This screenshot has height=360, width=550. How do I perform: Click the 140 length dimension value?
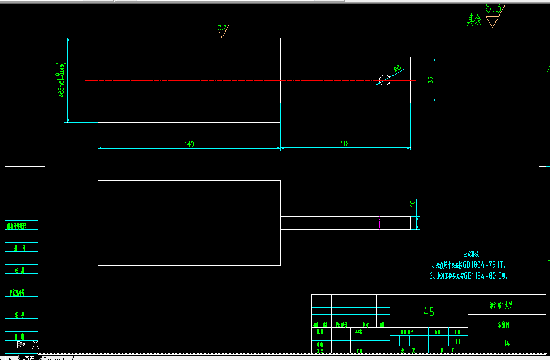189,144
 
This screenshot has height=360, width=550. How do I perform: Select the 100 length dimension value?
345,144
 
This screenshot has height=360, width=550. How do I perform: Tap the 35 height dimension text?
431,80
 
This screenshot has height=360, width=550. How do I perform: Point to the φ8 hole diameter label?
397,69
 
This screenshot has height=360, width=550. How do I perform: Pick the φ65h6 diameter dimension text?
61,80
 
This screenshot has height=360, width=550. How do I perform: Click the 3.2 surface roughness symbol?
223,30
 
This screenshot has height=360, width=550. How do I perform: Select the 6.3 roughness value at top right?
494,9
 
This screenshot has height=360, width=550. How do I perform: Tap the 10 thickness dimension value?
412,204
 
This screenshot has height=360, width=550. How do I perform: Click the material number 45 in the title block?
428,312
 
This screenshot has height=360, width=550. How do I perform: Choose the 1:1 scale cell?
458,341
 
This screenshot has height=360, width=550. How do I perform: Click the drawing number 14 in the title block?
506,343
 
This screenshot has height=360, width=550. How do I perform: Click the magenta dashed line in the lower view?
380,223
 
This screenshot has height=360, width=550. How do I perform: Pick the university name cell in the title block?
506,305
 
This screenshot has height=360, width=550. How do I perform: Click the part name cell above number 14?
506,325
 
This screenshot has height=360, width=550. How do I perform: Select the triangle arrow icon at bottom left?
21,344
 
